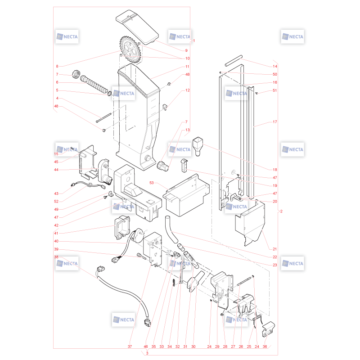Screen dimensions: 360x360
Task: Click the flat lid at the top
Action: [x=137, y=27]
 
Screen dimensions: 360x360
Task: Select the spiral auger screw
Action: [x=94, y=85]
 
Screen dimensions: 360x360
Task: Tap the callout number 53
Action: [x=152, y=183]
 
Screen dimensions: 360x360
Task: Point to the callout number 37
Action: [x=130, y=346]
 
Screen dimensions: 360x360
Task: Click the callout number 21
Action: [x=275, y=249]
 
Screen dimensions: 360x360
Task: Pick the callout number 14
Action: [x=275, y=66]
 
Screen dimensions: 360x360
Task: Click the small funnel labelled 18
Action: [x=198, y=147]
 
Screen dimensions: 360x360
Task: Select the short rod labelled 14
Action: [x=234, y=61]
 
